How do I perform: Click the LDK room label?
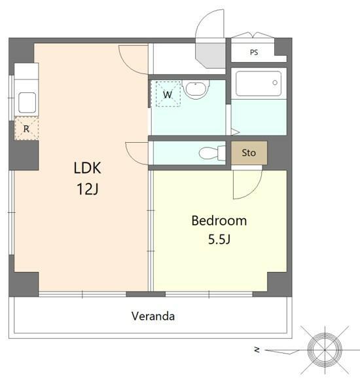pyautogui.click(x=87, y=168)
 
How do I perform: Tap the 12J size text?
pyautogui.click(x=88, y=189)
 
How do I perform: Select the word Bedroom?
pyautogui.click(x=219, y=221)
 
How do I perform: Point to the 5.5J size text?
pyautogui.click(x=219, y=239)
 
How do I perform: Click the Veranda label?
pyautogui.click(x=153, y=316)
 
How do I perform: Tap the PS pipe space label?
pyautogui.click(x=254, y=52)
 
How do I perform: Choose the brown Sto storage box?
pyautogui.click(x=249, y=153)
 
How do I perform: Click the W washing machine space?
pyautogui.click(x=168, y=94)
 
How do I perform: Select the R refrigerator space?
pyautogui.click(x=26, y=128)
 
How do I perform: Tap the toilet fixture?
pyautogui.click(x=212, y=153)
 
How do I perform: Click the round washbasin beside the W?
pyautogui.click(x=196, y=89)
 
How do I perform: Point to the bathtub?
pyautogui.click(x=259, y=83)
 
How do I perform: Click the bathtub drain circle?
pyautogui.click(x=275, y=83)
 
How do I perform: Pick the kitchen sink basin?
pyautogui.click(x=27, y=102)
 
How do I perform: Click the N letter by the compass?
pyautogui.click(x=257, y=349)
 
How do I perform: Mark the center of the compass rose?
pyautogui.click(x=325, y=350)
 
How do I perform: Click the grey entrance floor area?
pyautogui.click(x=210, y=56)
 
